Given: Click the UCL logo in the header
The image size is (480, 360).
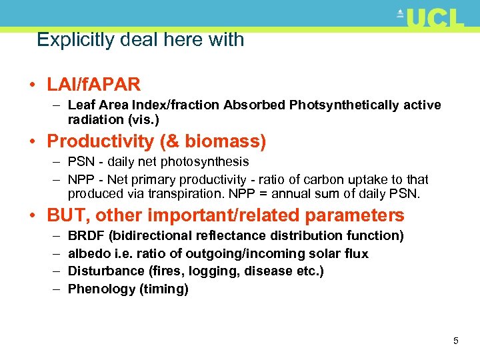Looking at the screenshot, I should coord(431,18).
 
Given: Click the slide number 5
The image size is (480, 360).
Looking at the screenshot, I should coord(455,341).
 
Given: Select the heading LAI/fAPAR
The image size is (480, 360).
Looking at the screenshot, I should coord(94,85).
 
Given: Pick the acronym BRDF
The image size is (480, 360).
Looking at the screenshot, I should coord(85,236).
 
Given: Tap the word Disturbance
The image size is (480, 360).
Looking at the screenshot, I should coord(105,271).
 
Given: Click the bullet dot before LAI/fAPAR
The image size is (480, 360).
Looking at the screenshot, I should coord(32,85).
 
